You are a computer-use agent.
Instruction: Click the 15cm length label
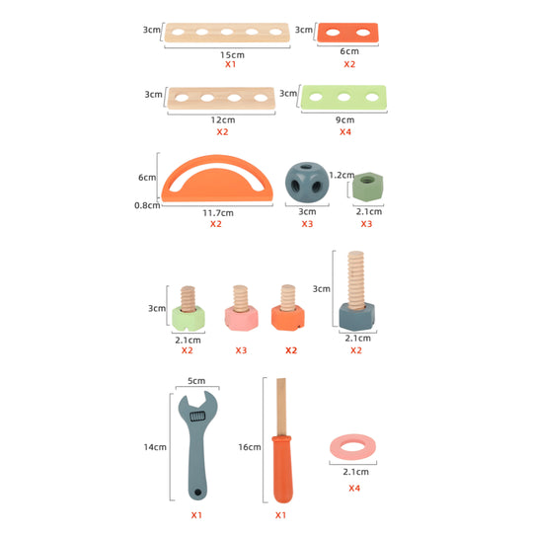pyautogui.click(x=232, y=54)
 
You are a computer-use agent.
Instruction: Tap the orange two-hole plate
pyautogui.click(x=347, y=33)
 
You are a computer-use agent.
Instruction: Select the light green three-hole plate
pyautogui.click(x=343, y=98)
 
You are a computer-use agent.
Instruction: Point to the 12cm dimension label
pyautogui.click(x=223, y=120)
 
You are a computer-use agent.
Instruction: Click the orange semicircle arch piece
pyautogui.click(x=217, y=194)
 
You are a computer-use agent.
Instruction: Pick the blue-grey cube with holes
pyautogui.click(x=307, y=183)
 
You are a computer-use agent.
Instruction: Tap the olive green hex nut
pyautogui.click(x=367, y=187)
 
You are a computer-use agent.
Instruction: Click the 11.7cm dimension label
pyautogui.click(x=218, y=213)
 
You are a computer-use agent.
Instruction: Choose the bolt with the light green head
pyautogui.click(x=188, y=309)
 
